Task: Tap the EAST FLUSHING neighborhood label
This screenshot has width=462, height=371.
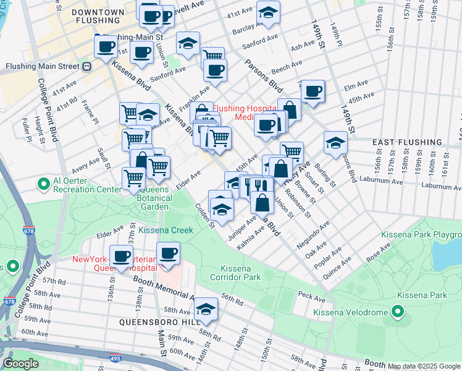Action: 407,142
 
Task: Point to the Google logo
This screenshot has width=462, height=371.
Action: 20,364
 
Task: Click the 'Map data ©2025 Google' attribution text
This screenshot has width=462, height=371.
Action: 424,366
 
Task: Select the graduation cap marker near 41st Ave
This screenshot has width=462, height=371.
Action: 268,12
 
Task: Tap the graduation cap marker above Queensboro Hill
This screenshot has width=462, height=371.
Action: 206,309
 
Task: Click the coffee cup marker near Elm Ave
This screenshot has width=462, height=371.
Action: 313,92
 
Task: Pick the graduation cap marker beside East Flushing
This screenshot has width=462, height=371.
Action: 335,142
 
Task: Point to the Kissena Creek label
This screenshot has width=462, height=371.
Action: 166,230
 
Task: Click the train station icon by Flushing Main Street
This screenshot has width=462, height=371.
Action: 87,66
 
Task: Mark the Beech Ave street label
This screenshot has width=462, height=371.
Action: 287,64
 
